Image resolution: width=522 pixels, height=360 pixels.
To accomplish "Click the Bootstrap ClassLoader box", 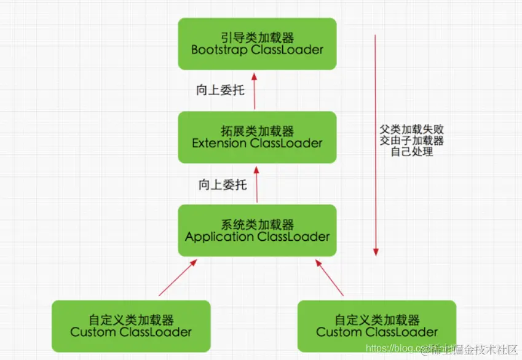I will pyautogui.click(x=257, y=43).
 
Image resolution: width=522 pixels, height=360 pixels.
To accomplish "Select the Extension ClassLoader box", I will pyautogui.click(x=257, y=137).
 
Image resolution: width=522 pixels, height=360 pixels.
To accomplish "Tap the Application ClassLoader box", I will pyautogui.click(x=257, y=230).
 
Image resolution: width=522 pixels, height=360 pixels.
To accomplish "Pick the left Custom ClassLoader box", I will pyautogui.click(x=131, y=326).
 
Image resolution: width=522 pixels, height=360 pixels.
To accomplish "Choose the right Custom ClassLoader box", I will pyautogui.click(x=377, y=326).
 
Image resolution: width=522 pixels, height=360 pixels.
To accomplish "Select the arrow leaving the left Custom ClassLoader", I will pyautogui.click(x=178, y=278).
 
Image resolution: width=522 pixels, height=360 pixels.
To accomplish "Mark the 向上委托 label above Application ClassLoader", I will pyautogui.click(x=223, y=184).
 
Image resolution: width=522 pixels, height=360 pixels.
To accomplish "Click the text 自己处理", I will pyautogui.click(x=412, y=151).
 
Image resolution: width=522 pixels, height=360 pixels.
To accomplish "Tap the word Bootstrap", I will pyautogui.click(x=219, y=50).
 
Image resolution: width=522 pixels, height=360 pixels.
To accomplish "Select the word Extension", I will pyautogui.click(x=219, y=144).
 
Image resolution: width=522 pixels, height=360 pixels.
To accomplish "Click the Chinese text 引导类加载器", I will pyautogui.click(x=257, y=37).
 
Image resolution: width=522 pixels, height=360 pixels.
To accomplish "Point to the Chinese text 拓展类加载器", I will pyautogui.click(x=257, y=131).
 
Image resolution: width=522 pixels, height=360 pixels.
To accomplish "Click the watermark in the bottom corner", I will pyautogui.click(x=441, y=349).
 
